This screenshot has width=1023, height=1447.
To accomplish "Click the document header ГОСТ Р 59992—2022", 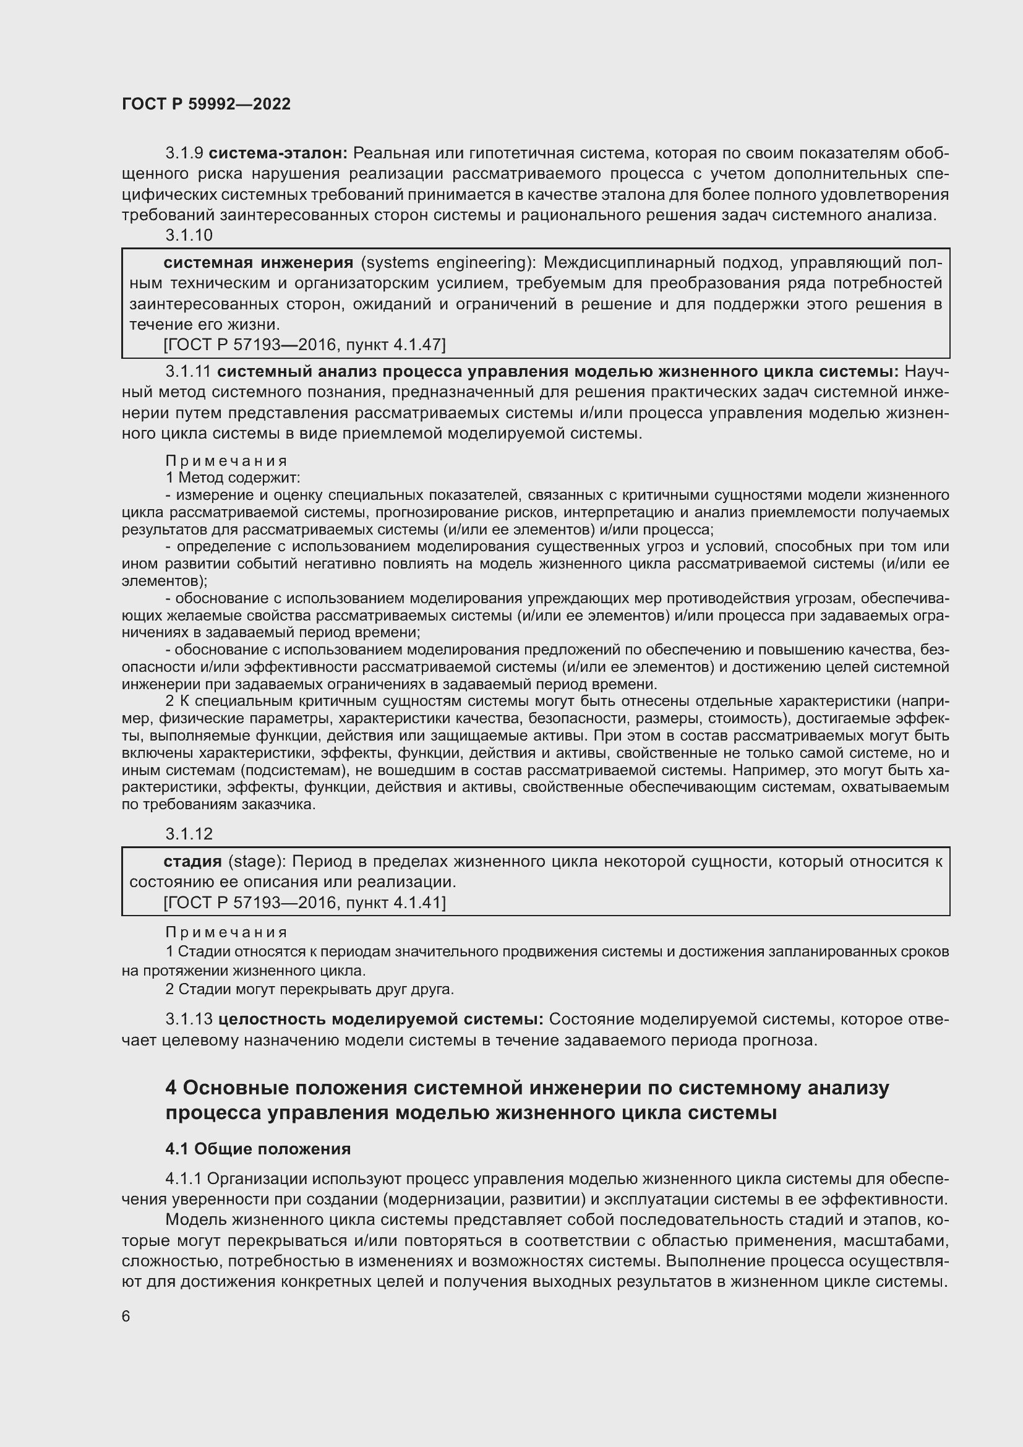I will tap(206, 104).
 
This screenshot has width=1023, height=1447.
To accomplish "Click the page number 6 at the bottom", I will tap(126, 1316).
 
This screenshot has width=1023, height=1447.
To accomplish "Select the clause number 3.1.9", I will tap(184, 153).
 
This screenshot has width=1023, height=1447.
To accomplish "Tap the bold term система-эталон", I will tap(278, 153).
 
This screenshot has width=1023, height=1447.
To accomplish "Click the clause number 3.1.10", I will tap(189, 235).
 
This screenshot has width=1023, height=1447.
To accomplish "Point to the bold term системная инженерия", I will tap(259, 263).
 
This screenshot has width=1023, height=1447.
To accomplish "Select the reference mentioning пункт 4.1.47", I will tap(304, 345).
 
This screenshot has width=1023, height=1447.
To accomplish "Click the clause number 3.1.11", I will tap(189, 372).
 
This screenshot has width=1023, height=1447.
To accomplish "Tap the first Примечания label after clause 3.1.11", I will tap(226, 461).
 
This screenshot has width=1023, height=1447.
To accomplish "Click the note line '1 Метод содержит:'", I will tap(233, 478).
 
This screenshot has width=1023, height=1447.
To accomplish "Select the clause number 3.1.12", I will tap(189, 834).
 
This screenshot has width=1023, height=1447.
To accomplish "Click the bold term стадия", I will tap(192, 862).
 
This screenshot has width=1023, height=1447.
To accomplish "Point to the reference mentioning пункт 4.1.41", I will tap(304, 903).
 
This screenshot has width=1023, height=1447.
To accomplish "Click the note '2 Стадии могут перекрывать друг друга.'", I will tap(309, 989).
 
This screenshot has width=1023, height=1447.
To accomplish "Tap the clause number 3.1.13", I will tap(189, 1019).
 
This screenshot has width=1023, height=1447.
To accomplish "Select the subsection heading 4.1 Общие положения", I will tap(258, 1149).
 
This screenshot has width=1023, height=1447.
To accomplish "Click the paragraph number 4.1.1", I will tap(183, 1179).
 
